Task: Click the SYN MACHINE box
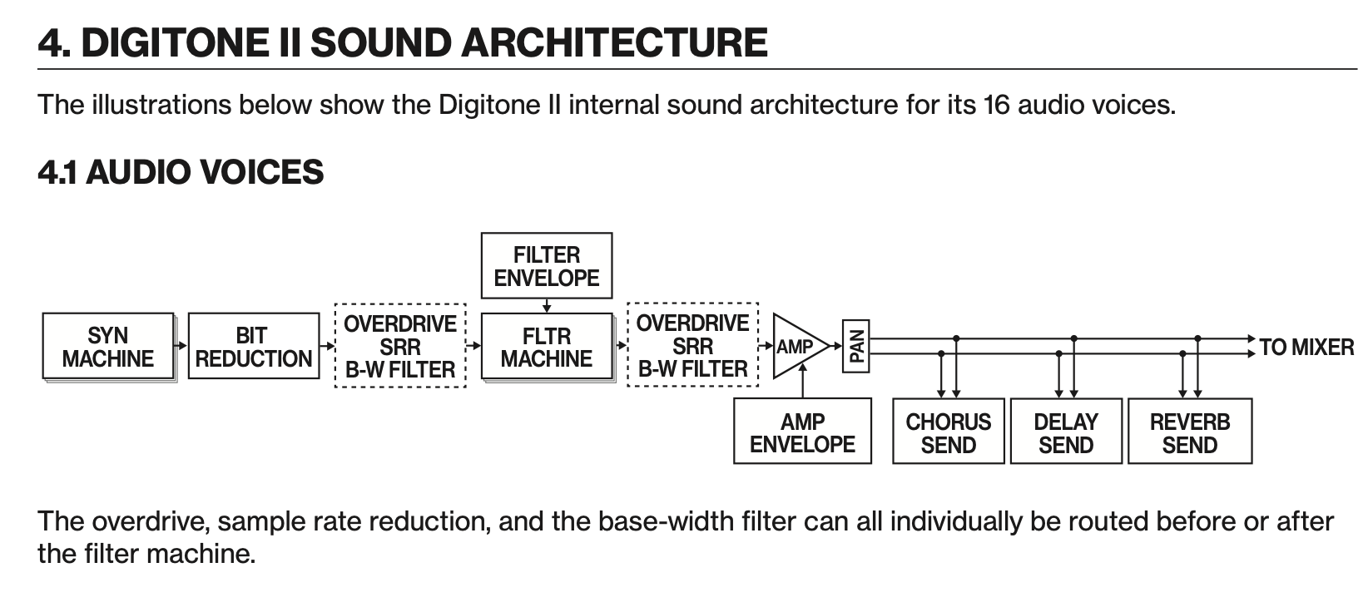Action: point(108,347)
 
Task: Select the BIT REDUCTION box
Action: point(253,347)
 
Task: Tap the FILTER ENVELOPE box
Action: point(546,266)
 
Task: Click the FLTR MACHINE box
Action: point(546,347)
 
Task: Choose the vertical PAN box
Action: point(855,347)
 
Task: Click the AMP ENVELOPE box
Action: point(802,432)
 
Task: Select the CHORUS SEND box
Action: point(948,432)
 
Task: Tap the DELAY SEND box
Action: point(1066,432)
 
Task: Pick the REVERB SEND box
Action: point(1189,432)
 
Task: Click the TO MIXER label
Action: point(1306,347)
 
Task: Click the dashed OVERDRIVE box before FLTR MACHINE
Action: point(399,347)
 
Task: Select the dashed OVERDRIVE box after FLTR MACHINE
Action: point(692,346)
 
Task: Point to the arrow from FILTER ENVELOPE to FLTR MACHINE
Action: point(547,306)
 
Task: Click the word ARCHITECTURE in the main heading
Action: point(614,42)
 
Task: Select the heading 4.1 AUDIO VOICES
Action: point(181,172)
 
